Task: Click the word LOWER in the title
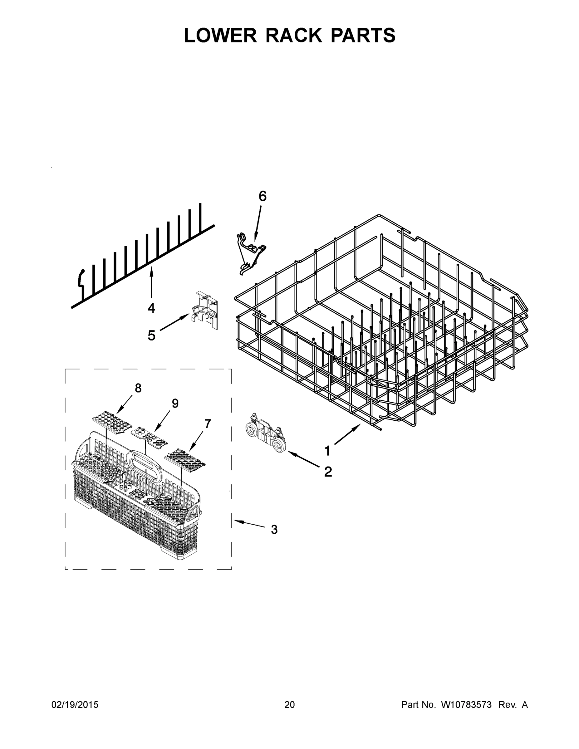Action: pos(220,35)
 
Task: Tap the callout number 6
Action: pos(262,196)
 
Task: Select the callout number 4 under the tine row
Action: pos(151,308)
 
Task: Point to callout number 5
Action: pos(151,335)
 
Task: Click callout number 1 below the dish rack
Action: pos(327,451)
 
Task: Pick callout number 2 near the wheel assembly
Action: pos(328,472)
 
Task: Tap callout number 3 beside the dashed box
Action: pos(274,530)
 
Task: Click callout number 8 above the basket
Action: pos(138,388)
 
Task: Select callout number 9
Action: pos(175,403)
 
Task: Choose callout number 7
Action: pos(208,424)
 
